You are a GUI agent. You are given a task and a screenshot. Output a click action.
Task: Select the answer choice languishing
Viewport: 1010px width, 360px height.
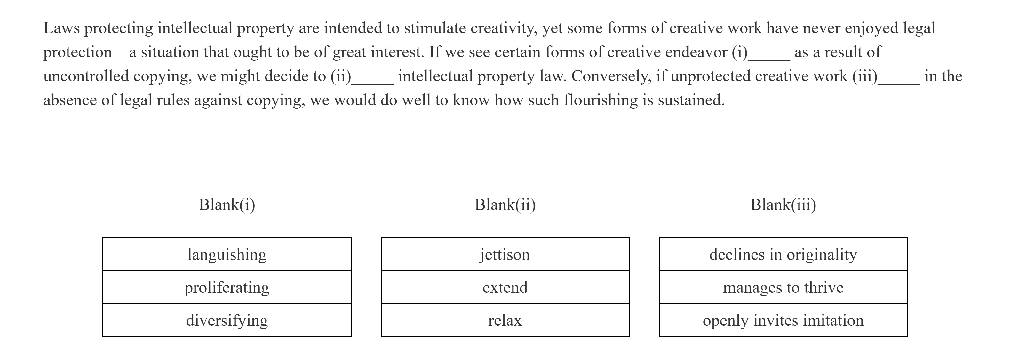(x=227, y=254)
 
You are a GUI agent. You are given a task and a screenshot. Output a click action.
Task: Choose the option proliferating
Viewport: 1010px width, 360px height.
(x=227, y=287)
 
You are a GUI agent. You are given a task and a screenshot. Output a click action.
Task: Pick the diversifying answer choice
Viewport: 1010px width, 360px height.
(x=227, y=320)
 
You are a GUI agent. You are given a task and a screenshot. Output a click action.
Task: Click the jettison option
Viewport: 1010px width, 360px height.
(x=505, y=254)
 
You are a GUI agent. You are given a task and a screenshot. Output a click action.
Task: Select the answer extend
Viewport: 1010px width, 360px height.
(x=505, y=287)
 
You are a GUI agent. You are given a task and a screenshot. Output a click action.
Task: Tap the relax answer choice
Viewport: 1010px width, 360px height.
(x=505, y=320)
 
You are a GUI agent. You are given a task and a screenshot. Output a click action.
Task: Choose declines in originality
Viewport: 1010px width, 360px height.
(x=783, y=254)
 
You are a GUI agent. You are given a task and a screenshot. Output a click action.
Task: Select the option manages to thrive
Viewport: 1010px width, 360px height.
(x=783, y=287)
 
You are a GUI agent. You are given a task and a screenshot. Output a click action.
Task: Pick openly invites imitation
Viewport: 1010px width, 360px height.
(x=783, y=320)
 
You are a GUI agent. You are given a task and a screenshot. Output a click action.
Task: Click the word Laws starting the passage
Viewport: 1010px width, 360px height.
(x=61, y=28)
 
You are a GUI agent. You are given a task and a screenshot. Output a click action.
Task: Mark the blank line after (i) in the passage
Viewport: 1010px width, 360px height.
(x=768, y=59)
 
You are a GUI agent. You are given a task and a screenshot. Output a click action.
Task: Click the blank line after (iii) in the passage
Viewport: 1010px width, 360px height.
(x=899, y=83)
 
